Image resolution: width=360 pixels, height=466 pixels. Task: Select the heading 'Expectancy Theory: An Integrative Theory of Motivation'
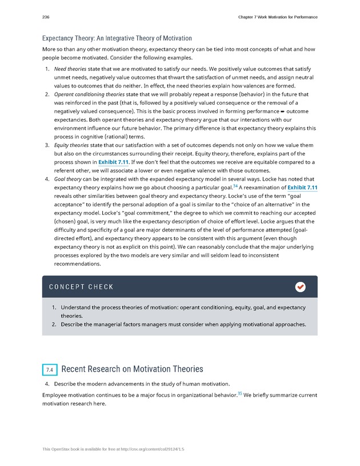(x=117, y=38)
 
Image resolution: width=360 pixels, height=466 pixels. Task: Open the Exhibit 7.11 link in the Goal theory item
(x=302, y=188)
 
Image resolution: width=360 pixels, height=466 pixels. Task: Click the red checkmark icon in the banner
(x=300, y=287)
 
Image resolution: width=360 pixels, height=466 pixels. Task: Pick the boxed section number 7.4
(x=50, y=370)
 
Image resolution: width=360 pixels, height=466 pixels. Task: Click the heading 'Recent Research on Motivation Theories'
(x=131, y=369)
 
